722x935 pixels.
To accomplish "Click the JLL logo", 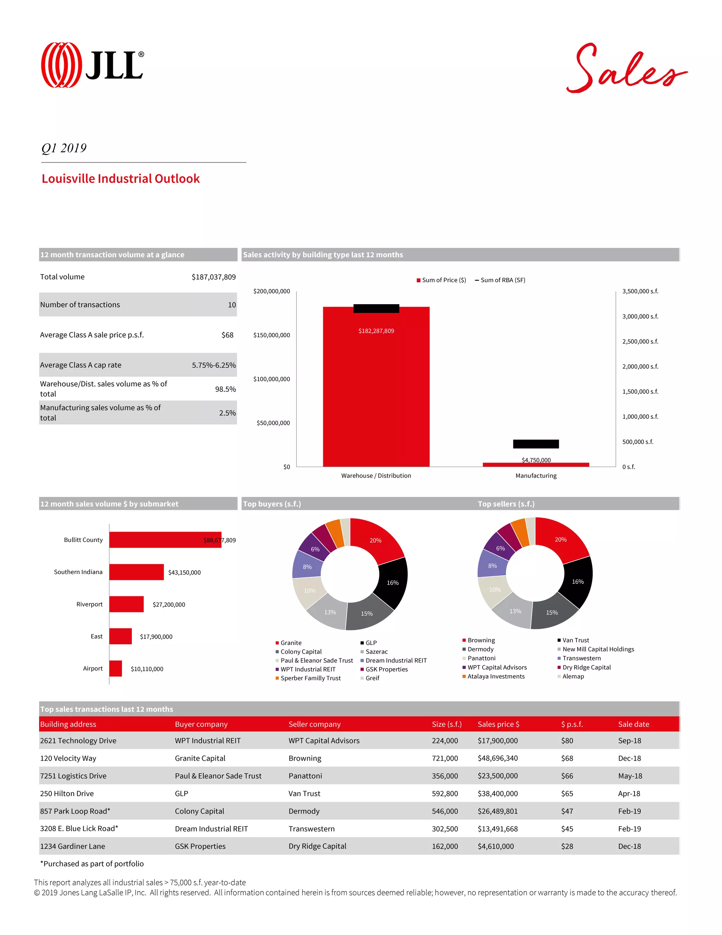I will point(92,65).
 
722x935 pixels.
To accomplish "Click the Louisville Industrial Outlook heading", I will point(121,179).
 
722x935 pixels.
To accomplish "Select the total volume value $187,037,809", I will point(213,277).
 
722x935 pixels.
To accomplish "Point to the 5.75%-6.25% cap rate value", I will point(213,365).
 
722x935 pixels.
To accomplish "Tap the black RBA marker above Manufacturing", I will point(536,444).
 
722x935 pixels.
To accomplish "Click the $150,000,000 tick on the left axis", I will point(271,335).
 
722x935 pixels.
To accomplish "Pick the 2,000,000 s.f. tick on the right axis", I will point(640,367).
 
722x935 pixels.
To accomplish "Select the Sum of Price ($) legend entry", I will point(441,280).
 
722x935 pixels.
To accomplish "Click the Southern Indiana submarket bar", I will point(136,572).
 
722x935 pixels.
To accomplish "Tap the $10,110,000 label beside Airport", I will point(147,669).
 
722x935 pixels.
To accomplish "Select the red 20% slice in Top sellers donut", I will point(560,539).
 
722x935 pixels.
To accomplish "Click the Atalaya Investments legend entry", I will point(495,676).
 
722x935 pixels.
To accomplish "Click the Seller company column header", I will point(314,724).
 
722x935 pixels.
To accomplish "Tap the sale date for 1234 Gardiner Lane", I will point(629,846).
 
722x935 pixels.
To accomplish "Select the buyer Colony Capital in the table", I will point(199,811).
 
